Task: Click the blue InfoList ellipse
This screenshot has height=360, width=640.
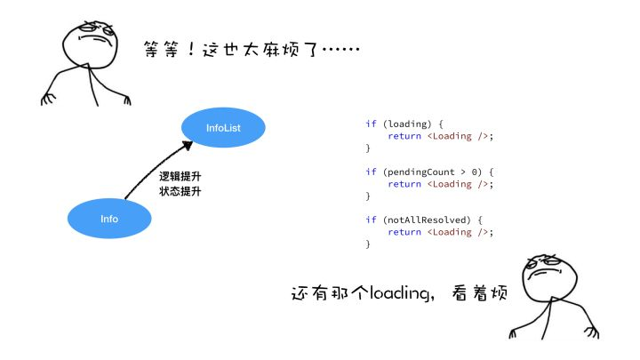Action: [x=223, y=128]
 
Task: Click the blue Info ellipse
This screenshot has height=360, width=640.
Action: [x=109, y=218]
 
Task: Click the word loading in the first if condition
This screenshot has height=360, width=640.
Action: [x=404, y=124]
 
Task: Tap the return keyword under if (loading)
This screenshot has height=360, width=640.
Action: [x=404, y=136]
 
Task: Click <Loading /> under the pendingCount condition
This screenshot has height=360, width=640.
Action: [x=460, y=184]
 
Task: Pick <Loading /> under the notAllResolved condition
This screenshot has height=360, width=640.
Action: [x=460, y=232]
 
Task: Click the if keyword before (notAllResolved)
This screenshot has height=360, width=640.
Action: [x=371, y=220]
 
